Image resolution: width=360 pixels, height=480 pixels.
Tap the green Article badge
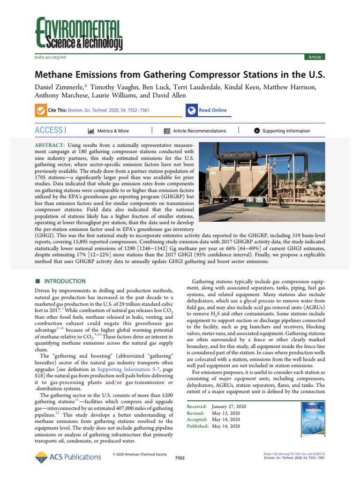pyautogui.click(x=314, y=57)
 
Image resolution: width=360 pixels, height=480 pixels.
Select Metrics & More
pyautogui.click(x=108, y=131)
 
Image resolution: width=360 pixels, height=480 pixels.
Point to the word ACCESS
pyautogui.click(x=49, y=130)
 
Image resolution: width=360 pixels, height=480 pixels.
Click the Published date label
pyautogui.click(x=198, y=426)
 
